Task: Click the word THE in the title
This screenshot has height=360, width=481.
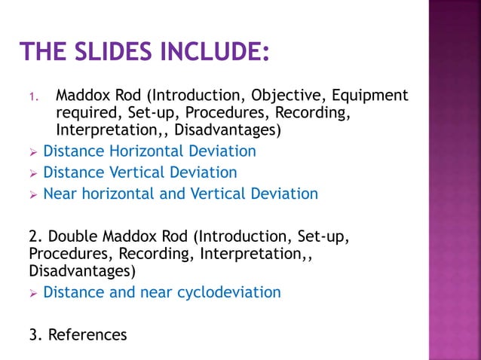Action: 42,53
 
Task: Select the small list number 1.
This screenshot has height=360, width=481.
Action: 32,97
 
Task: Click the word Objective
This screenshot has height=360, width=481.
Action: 286,96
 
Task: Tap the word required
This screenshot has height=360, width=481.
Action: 86,113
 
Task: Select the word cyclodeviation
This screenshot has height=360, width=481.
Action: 229,291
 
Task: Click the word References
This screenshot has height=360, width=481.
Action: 87,334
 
